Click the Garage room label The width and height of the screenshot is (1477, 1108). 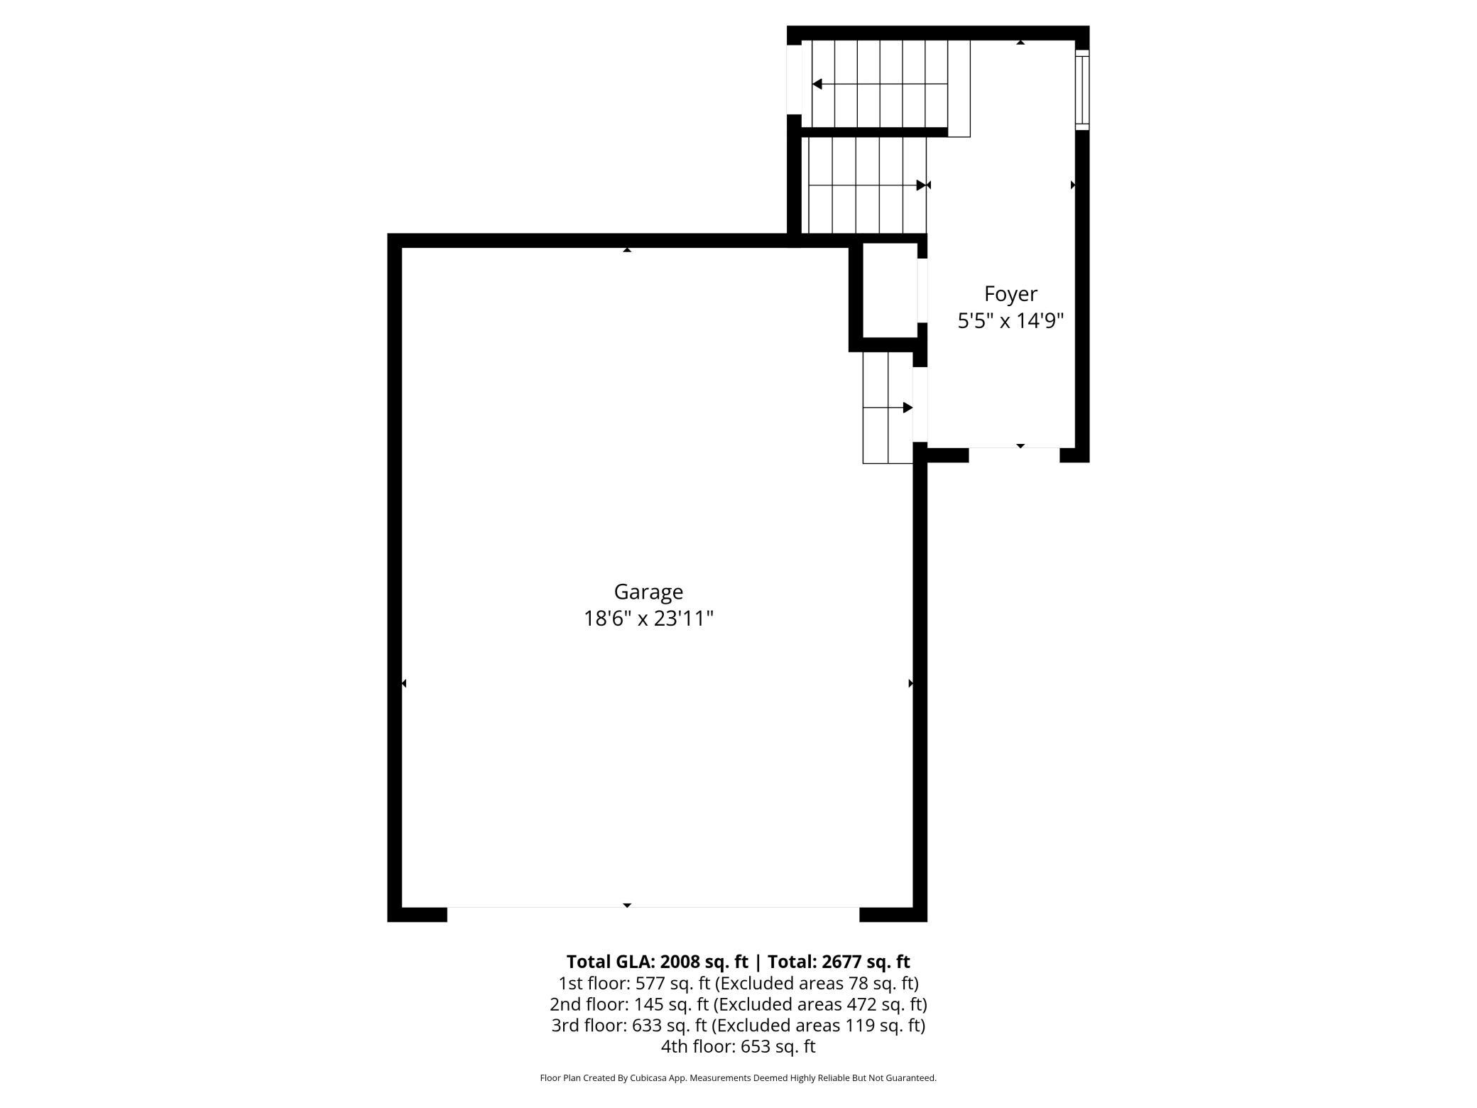(x=648, y=592)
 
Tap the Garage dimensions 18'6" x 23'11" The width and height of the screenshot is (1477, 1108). (x=648, y=619)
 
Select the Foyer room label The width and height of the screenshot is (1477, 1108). (x=1010, y=294)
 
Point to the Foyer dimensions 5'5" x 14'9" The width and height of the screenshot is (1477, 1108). (x=1010, y=321)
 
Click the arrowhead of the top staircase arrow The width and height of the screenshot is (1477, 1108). (x=817, y=84)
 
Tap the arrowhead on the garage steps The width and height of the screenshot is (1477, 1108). (x=908, y=408)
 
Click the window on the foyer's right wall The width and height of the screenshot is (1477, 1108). (x=1082, y=89)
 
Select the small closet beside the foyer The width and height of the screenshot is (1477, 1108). (x=890, y=290)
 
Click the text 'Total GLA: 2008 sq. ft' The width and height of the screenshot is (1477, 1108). (x=657, y=962)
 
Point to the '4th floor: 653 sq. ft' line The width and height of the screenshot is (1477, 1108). (x=738, y=1046)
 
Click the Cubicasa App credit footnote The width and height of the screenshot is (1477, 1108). (x=738, y=1078)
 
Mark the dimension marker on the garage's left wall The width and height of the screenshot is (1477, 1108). (x=404, y=683)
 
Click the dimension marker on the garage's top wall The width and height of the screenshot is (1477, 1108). (x=627, y=249)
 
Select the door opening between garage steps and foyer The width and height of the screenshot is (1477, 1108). (x=920, y=405)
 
